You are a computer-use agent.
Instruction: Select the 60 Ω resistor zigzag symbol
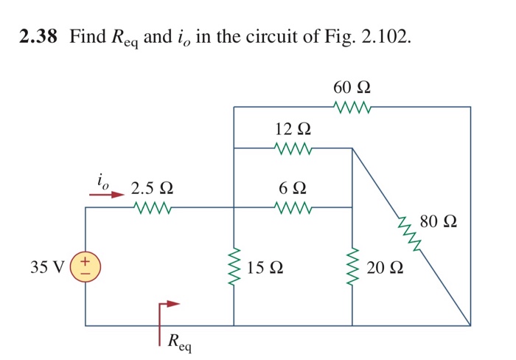352,108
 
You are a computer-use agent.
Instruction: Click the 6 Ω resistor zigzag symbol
293,208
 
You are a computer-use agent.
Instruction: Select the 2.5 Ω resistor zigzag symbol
153,208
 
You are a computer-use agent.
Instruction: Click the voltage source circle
85,266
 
